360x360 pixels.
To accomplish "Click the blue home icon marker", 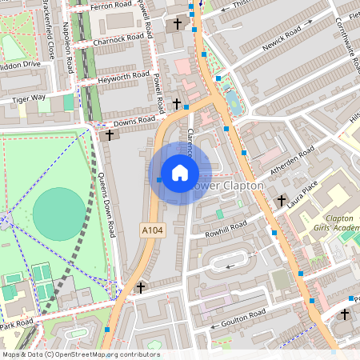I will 179,173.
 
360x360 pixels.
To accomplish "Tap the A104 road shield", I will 152,229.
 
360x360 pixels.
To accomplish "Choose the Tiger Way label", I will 29,99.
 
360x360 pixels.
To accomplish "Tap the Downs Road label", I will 134,122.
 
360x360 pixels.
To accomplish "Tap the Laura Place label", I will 303,193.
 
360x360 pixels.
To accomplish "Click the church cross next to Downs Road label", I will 110,135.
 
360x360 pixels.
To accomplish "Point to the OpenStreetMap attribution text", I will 80,354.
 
